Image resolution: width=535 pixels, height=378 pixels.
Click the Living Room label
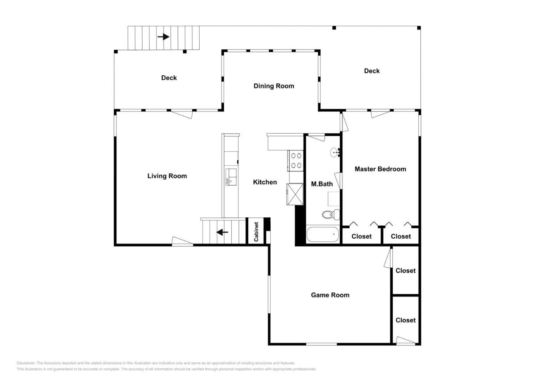tap(167, 176)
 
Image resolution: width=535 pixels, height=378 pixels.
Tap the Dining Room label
tap(274, 86)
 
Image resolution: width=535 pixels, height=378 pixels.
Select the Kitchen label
tap(265, 182)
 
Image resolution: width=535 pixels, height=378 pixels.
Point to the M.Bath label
tap(322, 184)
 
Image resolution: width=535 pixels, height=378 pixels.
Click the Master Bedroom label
tap(380, 169)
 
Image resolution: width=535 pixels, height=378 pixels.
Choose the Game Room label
tap(330, 295)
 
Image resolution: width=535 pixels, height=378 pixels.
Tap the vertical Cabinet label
tap(256, 232)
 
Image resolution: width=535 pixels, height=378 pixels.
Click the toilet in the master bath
tap(331, 215)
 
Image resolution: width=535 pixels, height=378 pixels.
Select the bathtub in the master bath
tap(323, 235)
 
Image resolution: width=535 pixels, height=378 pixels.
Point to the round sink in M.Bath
tap(334, 152)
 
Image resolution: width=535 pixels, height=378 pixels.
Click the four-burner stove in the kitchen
tap(296, 160)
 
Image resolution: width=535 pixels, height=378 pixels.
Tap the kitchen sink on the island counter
tap(231, 177)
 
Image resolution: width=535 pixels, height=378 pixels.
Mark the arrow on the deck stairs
tap(163, 37)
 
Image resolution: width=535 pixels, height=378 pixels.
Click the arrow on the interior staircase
tap(222, 232)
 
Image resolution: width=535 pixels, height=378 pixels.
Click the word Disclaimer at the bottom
tap(26, 363)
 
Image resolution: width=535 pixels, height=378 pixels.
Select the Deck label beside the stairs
tap(169, 78)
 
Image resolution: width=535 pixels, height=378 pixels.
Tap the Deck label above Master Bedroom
tap(372, 71)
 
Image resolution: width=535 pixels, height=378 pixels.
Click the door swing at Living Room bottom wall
tap(182, 241)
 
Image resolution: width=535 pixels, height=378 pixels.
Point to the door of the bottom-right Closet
tap(406, 340)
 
